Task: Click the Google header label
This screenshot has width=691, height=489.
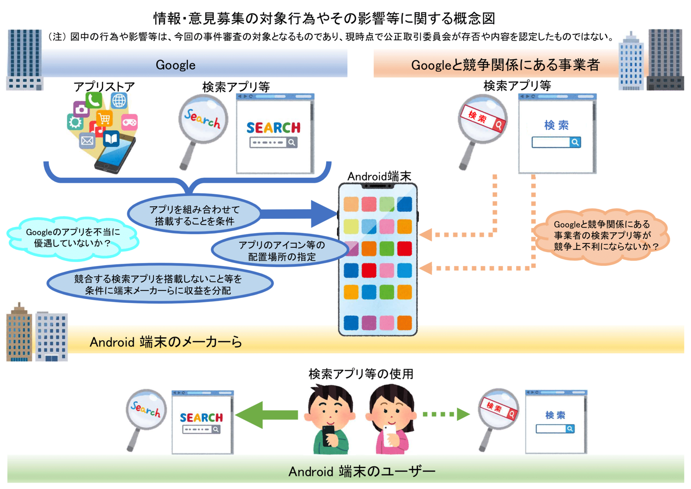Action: click(175, 65)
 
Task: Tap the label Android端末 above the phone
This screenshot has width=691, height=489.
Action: click(379, 176)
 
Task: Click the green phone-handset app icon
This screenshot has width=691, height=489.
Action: click(94, 100)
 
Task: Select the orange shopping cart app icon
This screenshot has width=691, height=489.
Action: click(104, 118)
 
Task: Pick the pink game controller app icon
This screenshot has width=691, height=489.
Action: click(130, 122)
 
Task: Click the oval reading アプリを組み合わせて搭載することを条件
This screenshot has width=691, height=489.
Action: click(194, 215)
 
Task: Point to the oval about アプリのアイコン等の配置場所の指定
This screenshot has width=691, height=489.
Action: click(281, 250)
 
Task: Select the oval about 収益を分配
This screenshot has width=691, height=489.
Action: click(160, 284)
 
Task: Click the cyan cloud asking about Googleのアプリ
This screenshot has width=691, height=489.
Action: click(73, 238)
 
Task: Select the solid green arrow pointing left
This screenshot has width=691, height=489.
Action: click(267, 415)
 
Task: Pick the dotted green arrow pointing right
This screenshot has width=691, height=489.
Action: click(447, 414)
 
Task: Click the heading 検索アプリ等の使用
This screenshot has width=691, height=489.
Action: click(361, 374)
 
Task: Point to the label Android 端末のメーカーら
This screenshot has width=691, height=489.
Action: click(166, 342)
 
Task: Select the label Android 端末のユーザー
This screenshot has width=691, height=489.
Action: click(362, 472)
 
